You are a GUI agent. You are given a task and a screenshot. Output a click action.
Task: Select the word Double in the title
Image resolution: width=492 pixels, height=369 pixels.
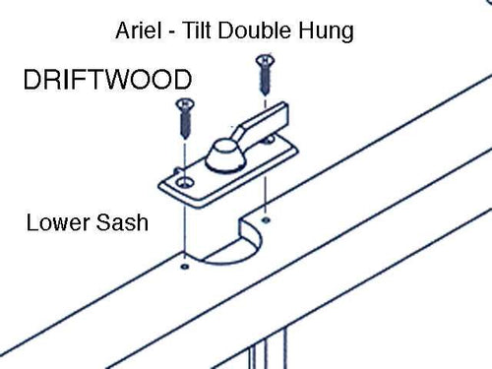(254, 31)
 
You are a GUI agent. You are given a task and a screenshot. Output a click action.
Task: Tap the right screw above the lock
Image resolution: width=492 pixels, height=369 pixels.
(264, 77)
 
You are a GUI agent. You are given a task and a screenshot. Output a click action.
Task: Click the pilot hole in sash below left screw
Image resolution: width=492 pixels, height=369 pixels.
(184, 264)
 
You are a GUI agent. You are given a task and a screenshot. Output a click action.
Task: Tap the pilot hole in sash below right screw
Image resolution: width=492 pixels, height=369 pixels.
(267, 210)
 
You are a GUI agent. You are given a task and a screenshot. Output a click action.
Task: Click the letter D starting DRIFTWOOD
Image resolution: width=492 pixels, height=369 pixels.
(33, 78)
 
